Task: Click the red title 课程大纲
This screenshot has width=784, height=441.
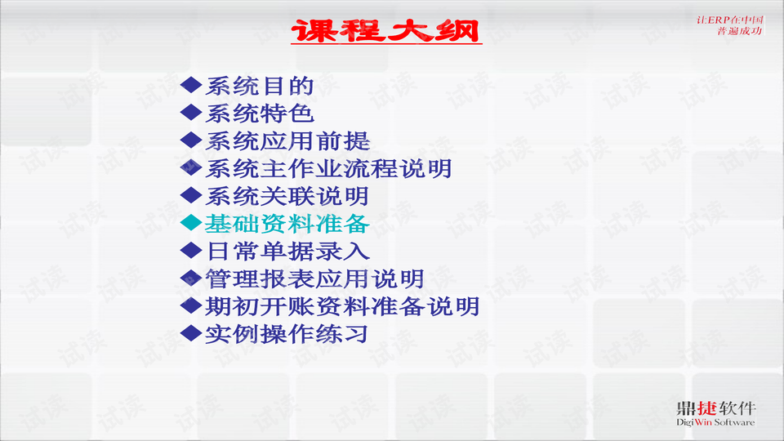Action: click(x=386, y=32)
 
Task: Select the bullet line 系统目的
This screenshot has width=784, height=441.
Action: click(x=259, y=85)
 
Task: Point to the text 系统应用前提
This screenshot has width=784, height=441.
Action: click(x=287, y=140)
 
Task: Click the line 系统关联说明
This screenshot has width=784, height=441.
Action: click(x=287, y=196)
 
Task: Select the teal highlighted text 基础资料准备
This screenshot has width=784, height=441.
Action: click(x=287, y=223)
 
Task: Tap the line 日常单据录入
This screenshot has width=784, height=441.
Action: click(x=287, y=251)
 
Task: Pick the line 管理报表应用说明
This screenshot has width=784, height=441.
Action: click(x=314, y=278)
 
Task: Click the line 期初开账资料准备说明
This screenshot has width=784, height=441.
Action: click(x=341, y=306)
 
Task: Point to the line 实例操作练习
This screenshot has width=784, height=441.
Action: click(x=287, y=333)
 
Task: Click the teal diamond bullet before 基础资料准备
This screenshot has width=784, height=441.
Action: click(x=190, y=222)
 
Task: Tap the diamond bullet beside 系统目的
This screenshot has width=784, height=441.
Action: click(x=190, y=84)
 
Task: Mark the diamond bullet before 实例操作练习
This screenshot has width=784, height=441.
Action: click(x=190, y=332)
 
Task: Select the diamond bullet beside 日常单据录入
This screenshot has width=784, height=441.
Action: click(x=190, y=250)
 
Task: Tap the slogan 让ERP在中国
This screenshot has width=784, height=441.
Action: click(x=730, y=19)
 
